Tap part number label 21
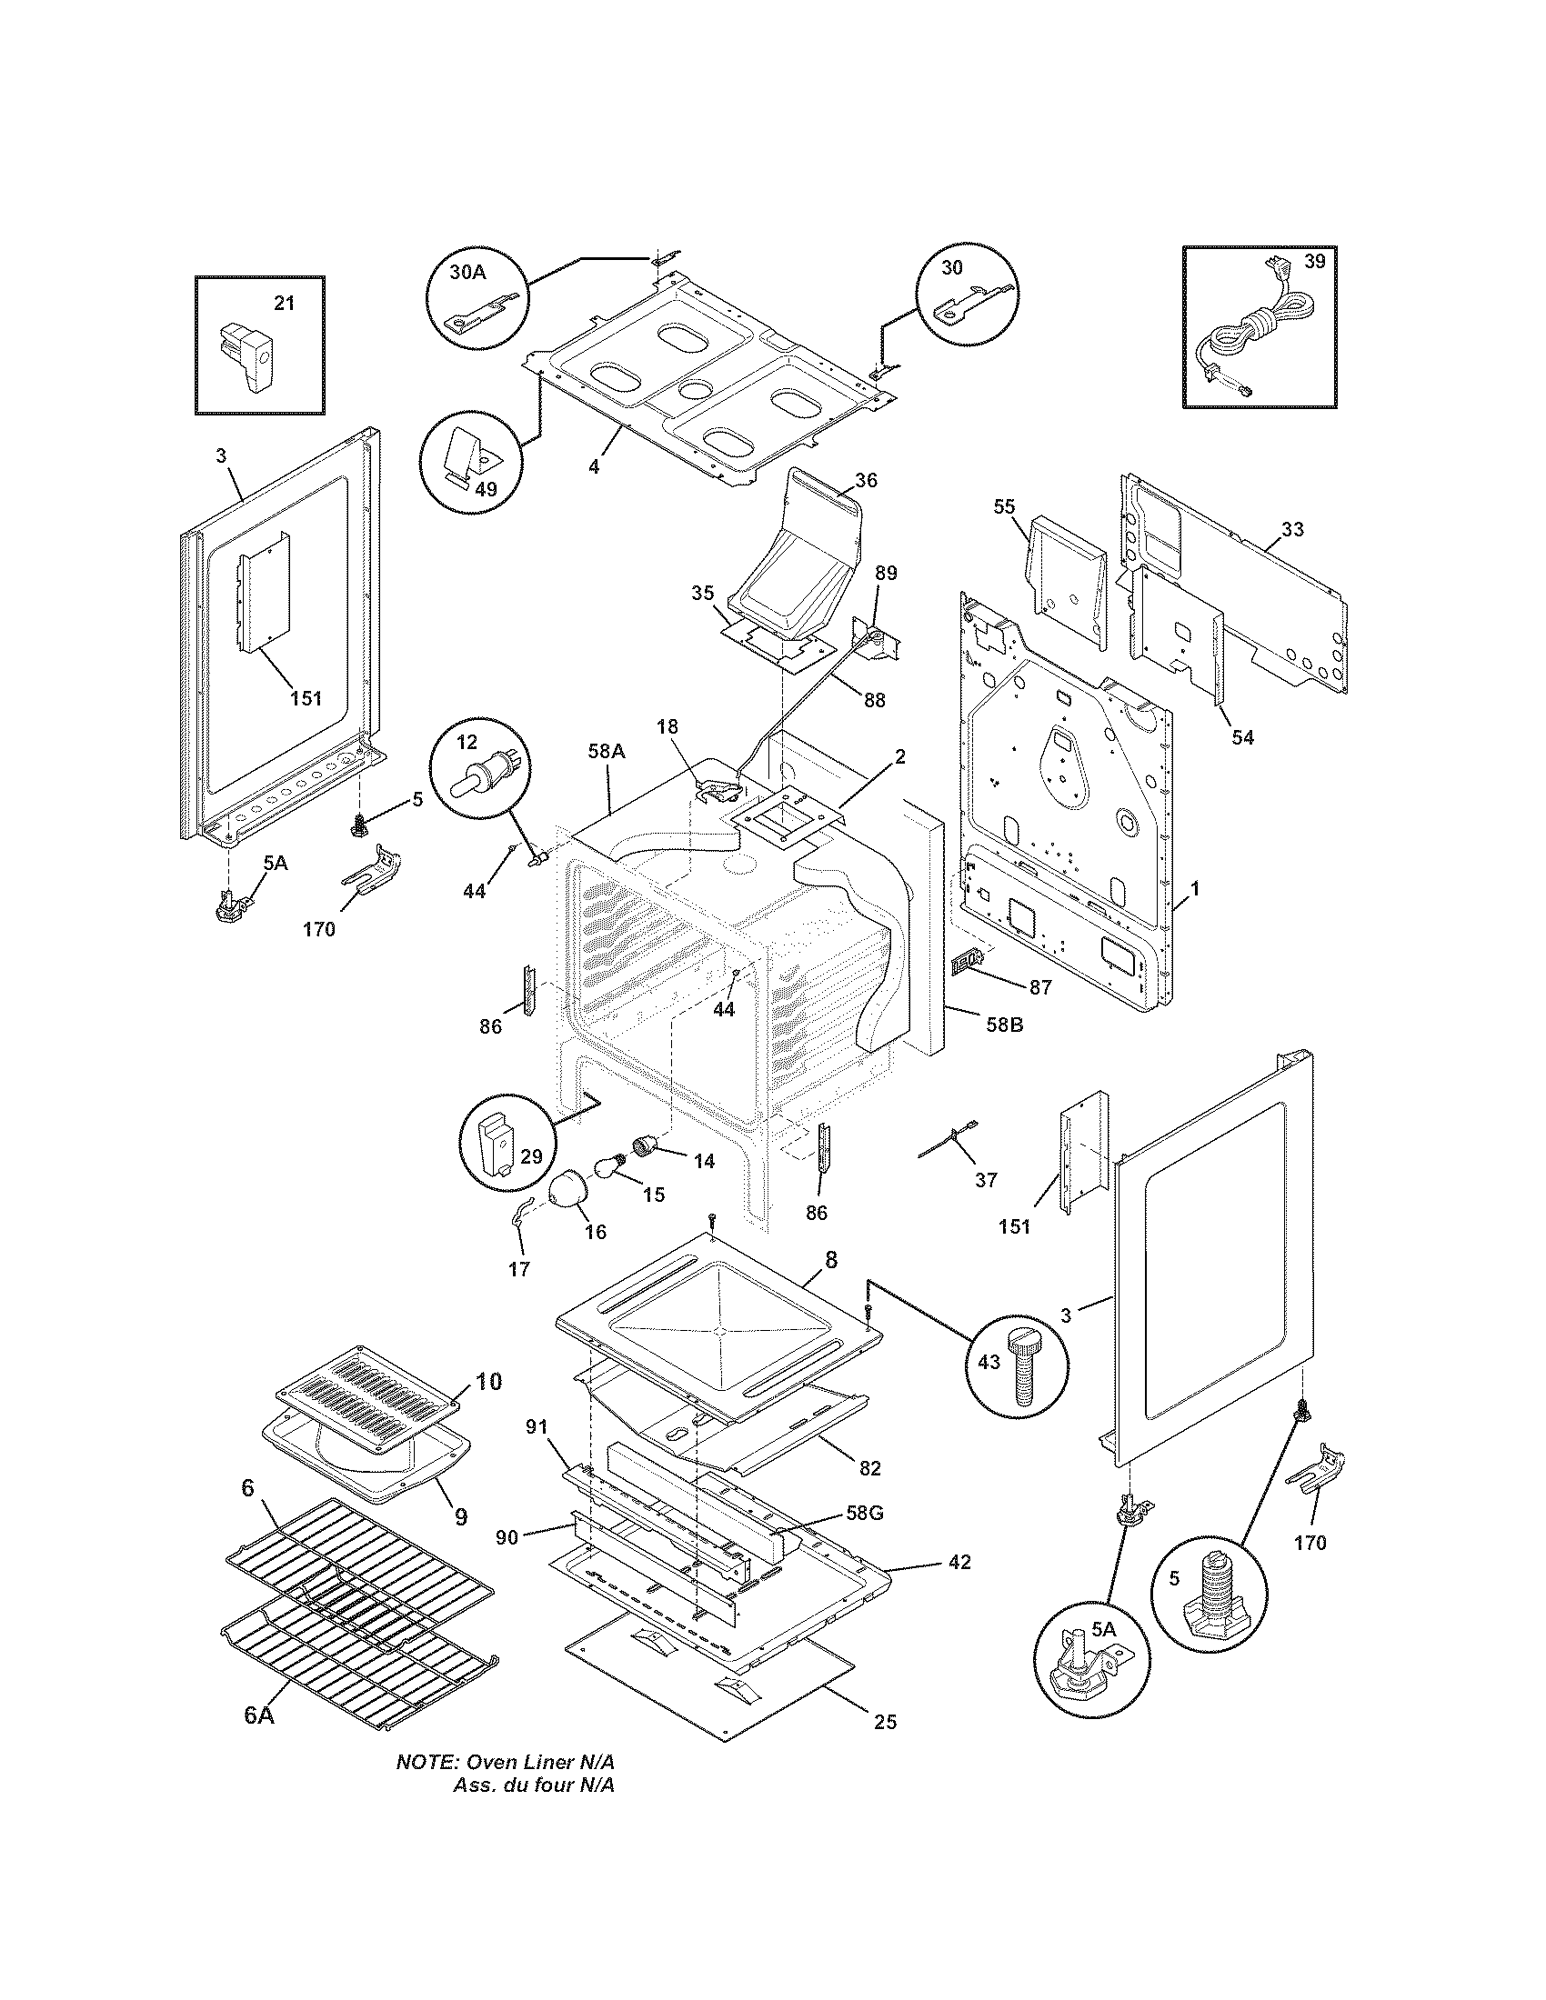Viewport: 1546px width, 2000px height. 285,303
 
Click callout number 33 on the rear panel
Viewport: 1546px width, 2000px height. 1292,528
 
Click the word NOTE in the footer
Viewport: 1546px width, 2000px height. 427,1787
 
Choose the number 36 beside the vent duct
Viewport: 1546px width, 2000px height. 866,479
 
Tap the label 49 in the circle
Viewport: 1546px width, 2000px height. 485,488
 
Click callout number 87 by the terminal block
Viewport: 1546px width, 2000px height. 1039,987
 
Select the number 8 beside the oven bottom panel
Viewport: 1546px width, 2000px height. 830,1259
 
